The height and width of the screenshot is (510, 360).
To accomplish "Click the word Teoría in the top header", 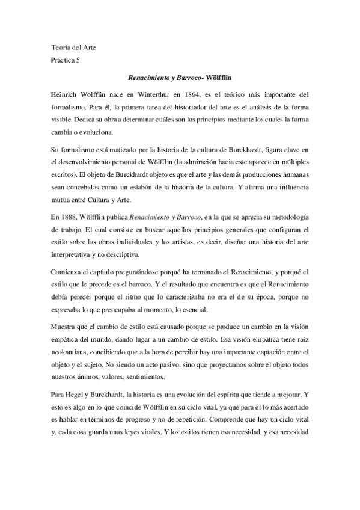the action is coord(60,47).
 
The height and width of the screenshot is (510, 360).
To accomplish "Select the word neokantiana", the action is coord(72,353).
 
